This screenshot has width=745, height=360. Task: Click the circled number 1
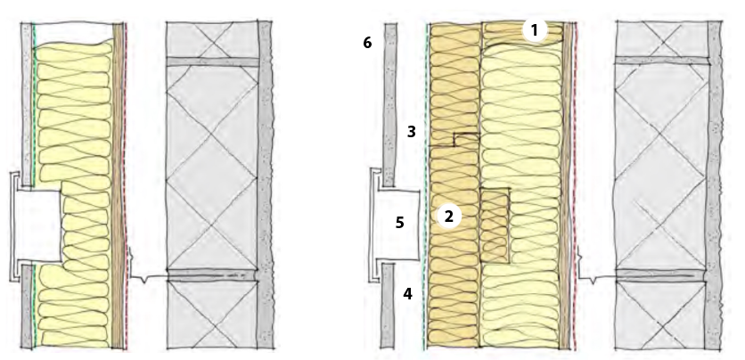pyautogui.click(x=535, y=30)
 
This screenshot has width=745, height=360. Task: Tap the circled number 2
pyautogui.click(x=448, y=217)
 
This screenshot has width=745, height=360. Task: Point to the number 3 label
pyautogui.click(x=412, y=132)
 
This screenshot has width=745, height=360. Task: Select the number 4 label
pyautogui.click(x=407, y=294)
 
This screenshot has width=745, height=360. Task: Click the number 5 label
pyautogui.click(x=400, y=222)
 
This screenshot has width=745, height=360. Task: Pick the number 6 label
pyautogui.click(x=367, y=43)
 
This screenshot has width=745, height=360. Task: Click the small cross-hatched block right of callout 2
pyautogui.click(x=495, y=225)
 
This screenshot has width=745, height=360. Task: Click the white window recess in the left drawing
pyautogui.click(x=38, y=225)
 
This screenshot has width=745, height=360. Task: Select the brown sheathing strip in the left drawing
pyautogui.click(x=118, y=185)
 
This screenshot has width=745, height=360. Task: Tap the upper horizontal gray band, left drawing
pyautogui.click(x=212, y=61)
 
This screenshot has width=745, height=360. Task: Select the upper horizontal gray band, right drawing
pyautogui.click(x=662, y=61)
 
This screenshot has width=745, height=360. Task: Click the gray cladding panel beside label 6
pyautogui.click(x=390, y=104)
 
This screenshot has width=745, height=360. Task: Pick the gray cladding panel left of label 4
pyautogui.click(x=388, y=307)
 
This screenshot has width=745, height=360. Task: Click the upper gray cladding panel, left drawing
pyautogui.click(x=27, y=103)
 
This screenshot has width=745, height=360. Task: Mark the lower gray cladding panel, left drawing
pyautogui.click(x=27, y=307)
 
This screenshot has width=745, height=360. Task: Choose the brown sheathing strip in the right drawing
pyautogui.click(x=565, y=185)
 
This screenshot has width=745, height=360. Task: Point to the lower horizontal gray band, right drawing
pyautogui.click(x=661, y=275)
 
